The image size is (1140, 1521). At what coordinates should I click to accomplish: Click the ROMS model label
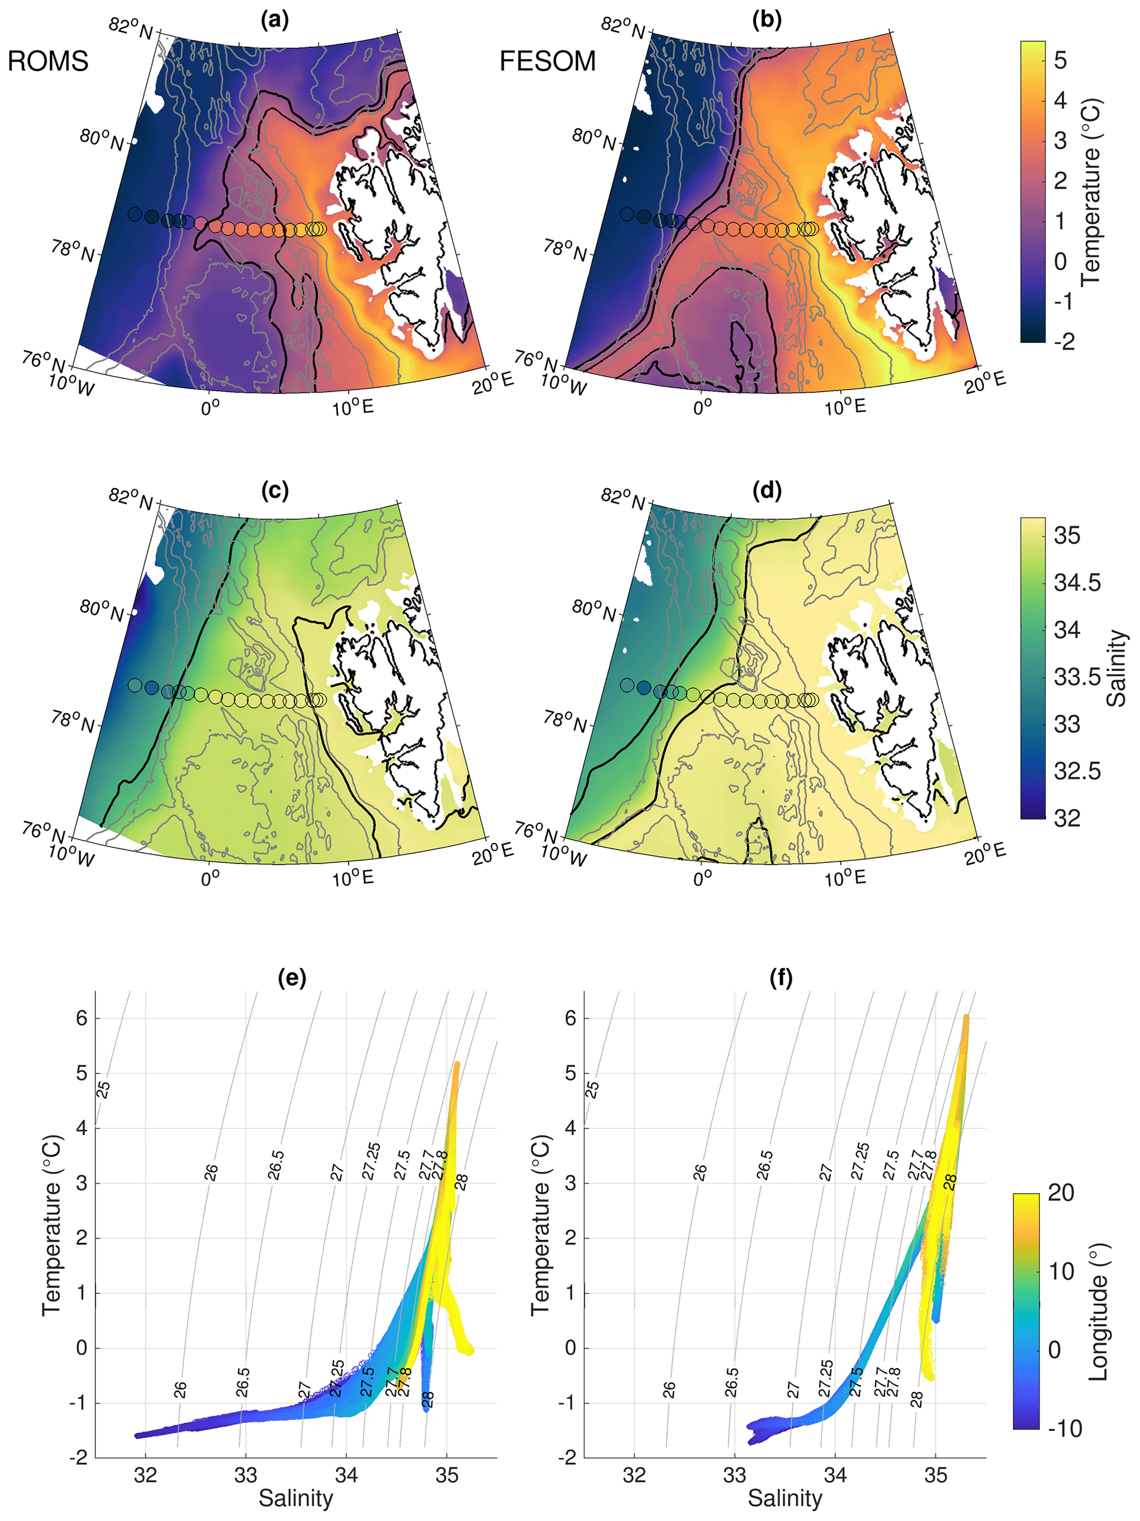click(x=48, y=62)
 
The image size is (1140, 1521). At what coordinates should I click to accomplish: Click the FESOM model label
click(x=547, y=62)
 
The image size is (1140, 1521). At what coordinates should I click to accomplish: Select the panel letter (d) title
click(x=767, y=490)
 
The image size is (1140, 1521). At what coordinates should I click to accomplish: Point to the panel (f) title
click(x=781, y=977)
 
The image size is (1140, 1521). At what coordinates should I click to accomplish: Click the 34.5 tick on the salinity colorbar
click(x=1077, y=583)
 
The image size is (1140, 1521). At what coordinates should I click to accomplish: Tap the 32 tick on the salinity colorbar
click(x=1067, y=818)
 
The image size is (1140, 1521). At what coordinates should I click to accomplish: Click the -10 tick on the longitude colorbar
click(x=1065, y=1429)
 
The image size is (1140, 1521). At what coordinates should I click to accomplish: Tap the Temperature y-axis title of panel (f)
click(x=540, y=1225)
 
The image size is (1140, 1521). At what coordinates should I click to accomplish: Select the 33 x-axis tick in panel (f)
click(x=734, y=1476)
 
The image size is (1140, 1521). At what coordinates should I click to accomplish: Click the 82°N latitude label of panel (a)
click(x=131, y=28)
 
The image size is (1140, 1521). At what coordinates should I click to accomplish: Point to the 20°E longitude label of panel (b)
click(x=984, y=382)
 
